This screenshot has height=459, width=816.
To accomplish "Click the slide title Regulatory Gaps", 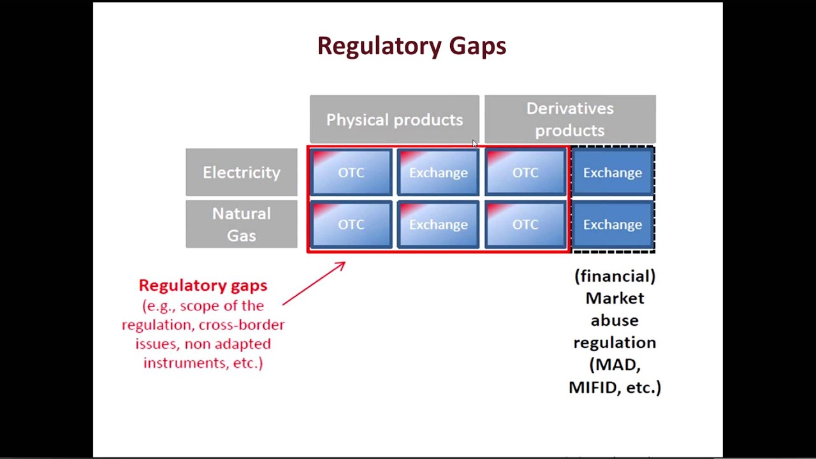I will click(411, 46).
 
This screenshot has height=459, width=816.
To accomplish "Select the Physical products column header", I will click(394, 120).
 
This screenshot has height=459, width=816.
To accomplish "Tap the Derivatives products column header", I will click(569, 119).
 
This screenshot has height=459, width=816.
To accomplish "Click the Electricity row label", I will click(241, 172).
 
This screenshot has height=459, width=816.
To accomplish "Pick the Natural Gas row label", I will click(241, 224).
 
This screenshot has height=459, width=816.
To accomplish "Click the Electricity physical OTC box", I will click(351, 173).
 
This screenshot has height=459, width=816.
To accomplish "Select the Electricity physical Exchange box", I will click(438, 173).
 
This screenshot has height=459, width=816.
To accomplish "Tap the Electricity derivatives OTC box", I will click(525, 173).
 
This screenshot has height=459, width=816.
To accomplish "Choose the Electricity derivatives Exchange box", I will click(612, 173).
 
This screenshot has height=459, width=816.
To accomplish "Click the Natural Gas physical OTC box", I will click(351, 224).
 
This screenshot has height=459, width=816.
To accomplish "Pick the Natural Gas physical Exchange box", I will click(438, 224).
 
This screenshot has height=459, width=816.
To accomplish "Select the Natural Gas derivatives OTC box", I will click(525, 224).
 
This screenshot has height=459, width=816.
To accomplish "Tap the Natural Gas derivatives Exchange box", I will click(612, 224).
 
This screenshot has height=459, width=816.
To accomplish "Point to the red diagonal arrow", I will click(314, 284).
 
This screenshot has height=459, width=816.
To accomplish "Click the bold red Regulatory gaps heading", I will click(203, 286).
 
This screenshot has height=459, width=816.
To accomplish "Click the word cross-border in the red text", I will click(242, 324).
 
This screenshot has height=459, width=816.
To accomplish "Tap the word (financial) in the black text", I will click(615, 276).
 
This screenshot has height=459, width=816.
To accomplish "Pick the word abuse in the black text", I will click(615, 320).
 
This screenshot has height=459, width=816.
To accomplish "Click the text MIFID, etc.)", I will click(615, 387).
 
